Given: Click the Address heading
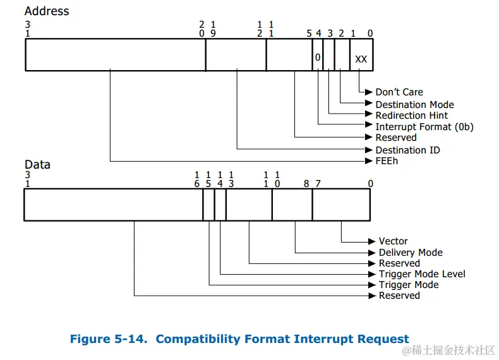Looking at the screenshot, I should pos(47,11).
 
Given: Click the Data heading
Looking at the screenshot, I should pos(37,164).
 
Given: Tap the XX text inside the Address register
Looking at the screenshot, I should pos(361,59).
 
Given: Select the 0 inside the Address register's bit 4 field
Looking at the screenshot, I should pos(318,57).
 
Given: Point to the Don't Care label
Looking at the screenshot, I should pos(399,92).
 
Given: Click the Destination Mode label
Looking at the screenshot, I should pos(414,104).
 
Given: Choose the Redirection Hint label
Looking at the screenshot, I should pos(411,115).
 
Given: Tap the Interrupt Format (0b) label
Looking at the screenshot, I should pos(424,126).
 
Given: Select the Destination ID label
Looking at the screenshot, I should pos(407,150).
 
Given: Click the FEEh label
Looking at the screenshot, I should pos(387,160).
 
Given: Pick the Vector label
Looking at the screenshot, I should pos(393,241).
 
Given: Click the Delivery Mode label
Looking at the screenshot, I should pos(411,252).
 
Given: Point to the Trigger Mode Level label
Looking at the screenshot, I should pos(422,274).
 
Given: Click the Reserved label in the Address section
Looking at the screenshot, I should pos(396,138).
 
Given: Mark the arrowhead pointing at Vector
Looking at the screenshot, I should pos(373,241).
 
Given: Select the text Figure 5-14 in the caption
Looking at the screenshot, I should pos(107,339).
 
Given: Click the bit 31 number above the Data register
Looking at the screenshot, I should pos(27,179).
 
